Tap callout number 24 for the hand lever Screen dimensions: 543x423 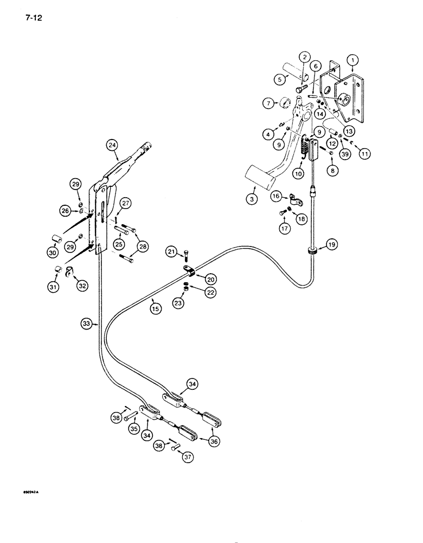pos(112,145)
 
